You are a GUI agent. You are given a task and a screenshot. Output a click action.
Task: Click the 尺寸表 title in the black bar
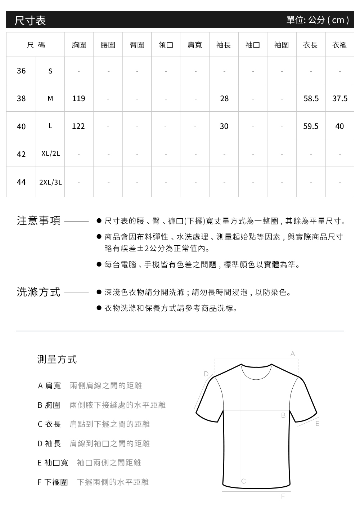point(30,20)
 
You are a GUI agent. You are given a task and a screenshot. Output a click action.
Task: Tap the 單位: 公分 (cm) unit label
point(318,20)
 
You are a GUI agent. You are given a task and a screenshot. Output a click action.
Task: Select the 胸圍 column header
point(79,45)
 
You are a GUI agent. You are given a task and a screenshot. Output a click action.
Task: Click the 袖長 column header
point(224,45)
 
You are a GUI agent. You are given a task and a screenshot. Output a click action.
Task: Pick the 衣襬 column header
point(339,45)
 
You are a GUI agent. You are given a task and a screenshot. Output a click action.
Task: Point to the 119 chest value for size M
point(78,98)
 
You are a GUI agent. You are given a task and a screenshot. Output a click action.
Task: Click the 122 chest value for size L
point(78,126)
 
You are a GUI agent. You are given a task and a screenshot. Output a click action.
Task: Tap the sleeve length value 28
point(224,98)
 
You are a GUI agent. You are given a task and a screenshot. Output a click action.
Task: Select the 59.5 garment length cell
point(311,126)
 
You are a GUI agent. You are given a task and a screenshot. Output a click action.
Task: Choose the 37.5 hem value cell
point(340,98)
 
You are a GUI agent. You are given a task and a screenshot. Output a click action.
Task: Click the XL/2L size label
point(50,154)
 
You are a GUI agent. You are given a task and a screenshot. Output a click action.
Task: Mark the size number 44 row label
point(21,182)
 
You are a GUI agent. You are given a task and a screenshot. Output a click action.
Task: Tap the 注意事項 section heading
point(39,220)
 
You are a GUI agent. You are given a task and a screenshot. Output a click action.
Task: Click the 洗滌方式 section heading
point(39,292)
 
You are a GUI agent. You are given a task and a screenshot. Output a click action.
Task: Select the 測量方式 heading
point(57,359)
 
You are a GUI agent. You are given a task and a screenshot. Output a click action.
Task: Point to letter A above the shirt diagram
point(293,354)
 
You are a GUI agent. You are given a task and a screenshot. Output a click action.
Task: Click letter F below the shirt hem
point(283,496)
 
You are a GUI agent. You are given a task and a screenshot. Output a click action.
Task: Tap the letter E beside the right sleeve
point(317,424)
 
